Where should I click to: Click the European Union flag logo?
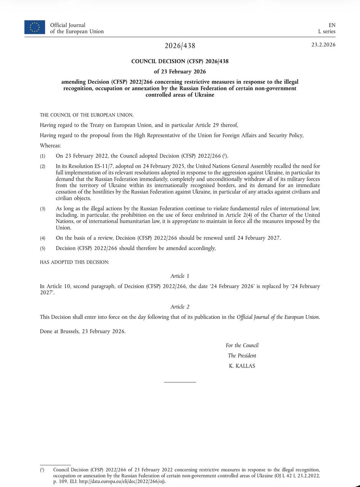coord(35,27)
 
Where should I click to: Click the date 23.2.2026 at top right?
coord(323,45)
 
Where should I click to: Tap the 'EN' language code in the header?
coord(332,25)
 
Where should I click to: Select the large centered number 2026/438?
coord(180,46)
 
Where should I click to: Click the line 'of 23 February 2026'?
coord(180,72)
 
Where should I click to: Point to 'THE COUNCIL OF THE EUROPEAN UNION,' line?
coord(87,115)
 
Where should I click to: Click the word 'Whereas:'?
coord(50,146)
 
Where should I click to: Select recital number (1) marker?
coord(43,156)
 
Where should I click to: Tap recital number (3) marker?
coord(43,208)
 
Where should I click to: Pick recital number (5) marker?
coord(43,248)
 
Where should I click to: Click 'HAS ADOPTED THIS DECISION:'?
coord(74,263)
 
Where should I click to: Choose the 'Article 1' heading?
coord(180,276)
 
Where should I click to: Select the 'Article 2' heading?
coord(180,307)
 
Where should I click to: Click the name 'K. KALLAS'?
coord(242,366)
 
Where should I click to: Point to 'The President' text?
coord(242,356)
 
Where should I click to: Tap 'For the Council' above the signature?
coord(242,345)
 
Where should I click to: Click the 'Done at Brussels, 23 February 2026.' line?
coord(83,331)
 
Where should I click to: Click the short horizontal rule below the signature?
coord(180,382)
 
